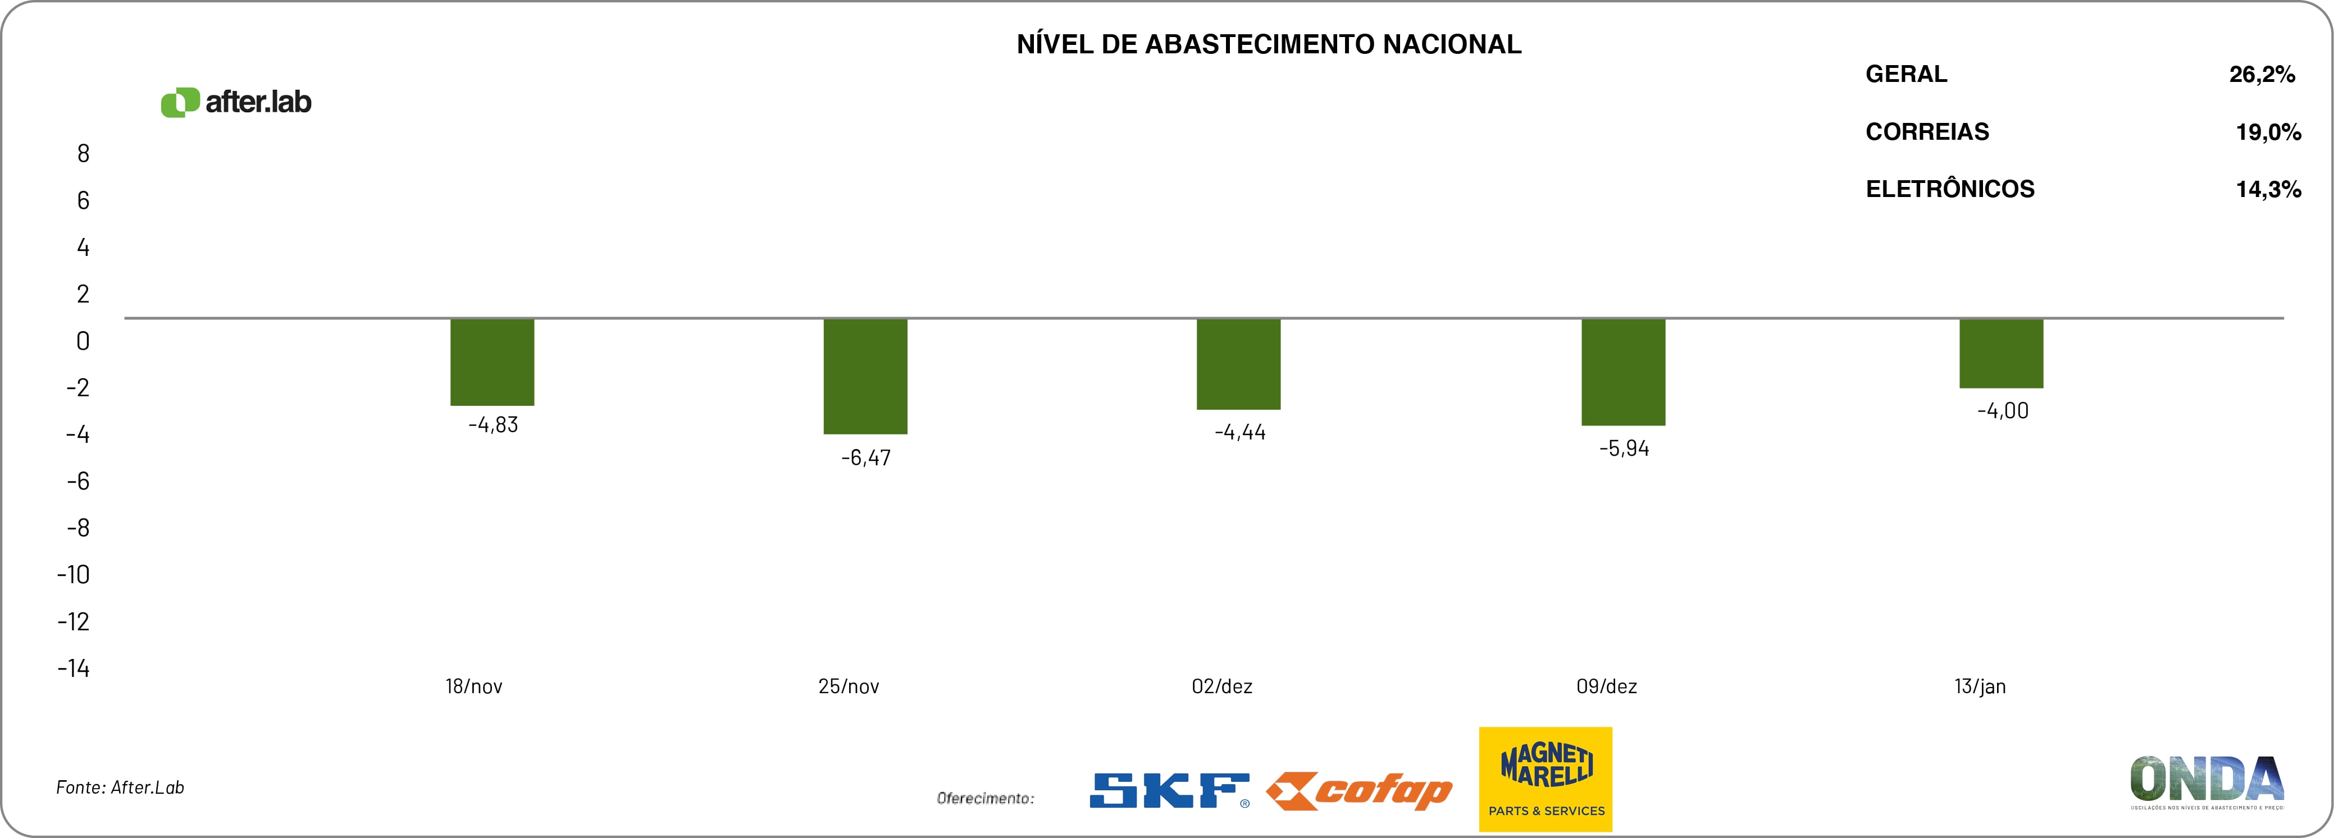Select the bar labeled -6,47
pos(865,376)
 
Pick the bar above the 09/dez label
pos(1623,372)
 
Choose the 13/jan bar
pos(2000,353)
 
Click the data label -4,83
pos(493,425)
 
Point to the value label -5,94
pos(1624,448)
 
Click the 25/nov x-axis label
pos(848,686)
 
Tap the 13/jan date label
pos(1980,686)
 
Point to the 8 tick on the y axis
pos(83,154)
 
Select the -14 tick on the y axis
pos(74,668)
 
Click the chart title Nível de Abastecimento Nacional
pos(1269,44)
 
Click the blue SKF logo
pos(1169,790)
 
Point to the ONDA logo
pos(2207,781)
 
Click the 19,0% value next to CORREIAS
pos(2268,132)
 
